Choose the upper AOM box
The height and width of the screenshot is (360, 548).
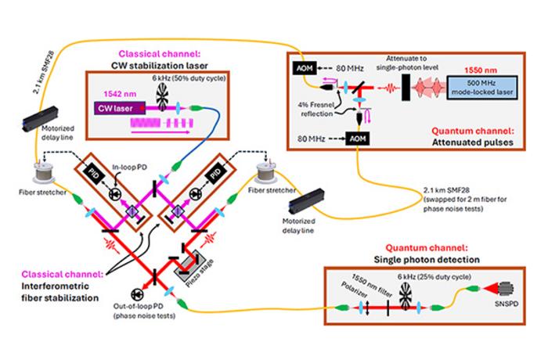point(305,69)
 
